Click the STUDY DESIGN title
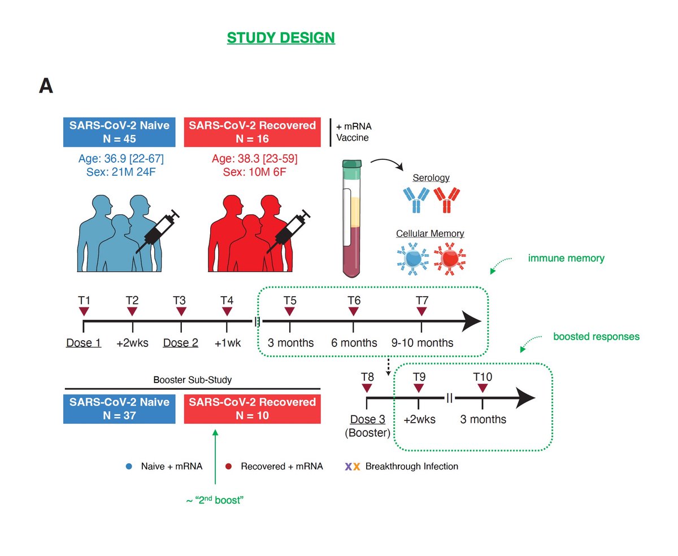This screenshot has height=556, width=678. [x=281, y=38]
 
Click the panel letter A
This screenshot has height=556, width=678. [x=46, y=86]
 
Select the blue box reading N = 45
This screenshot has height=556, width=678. [x=119, y=132]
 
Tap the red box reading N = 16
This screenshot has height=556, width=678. [x=252, y=132]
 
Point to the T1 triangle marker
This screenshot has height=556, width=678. [x=84, y=311]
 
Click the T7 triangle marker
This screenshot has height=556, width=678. [x=421, y=311]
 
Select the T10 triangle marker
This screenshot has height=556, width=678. [x=482, y=388]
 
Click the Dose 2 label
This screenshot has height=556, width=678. [x=180, y=342]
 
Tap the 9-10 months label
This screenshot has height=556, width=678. [x=422, y=342]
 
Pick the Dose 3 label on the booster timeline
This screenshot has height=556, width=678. [x=367, y=419]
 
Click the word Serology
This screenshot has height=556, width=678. [x=431, y=177]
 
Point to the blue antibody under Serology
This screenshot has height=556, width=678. [x=416, y=200]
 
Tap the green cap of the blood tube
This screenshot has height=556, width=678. [x=351, y=164]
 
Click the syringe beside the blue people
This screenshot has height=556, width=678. [x=158, y=232]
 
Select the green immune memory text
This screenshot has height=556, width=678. [x=566, y=258]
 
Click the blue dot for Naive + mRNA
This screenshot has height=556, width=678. [x=129, y=466]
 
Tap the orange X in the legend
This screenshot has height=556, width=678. [x=357, y=466]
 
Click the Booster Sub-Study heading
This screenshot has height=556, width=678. [x=192, y=380]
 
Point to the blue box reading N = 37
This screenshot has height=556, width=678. [x=119, y=409]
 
